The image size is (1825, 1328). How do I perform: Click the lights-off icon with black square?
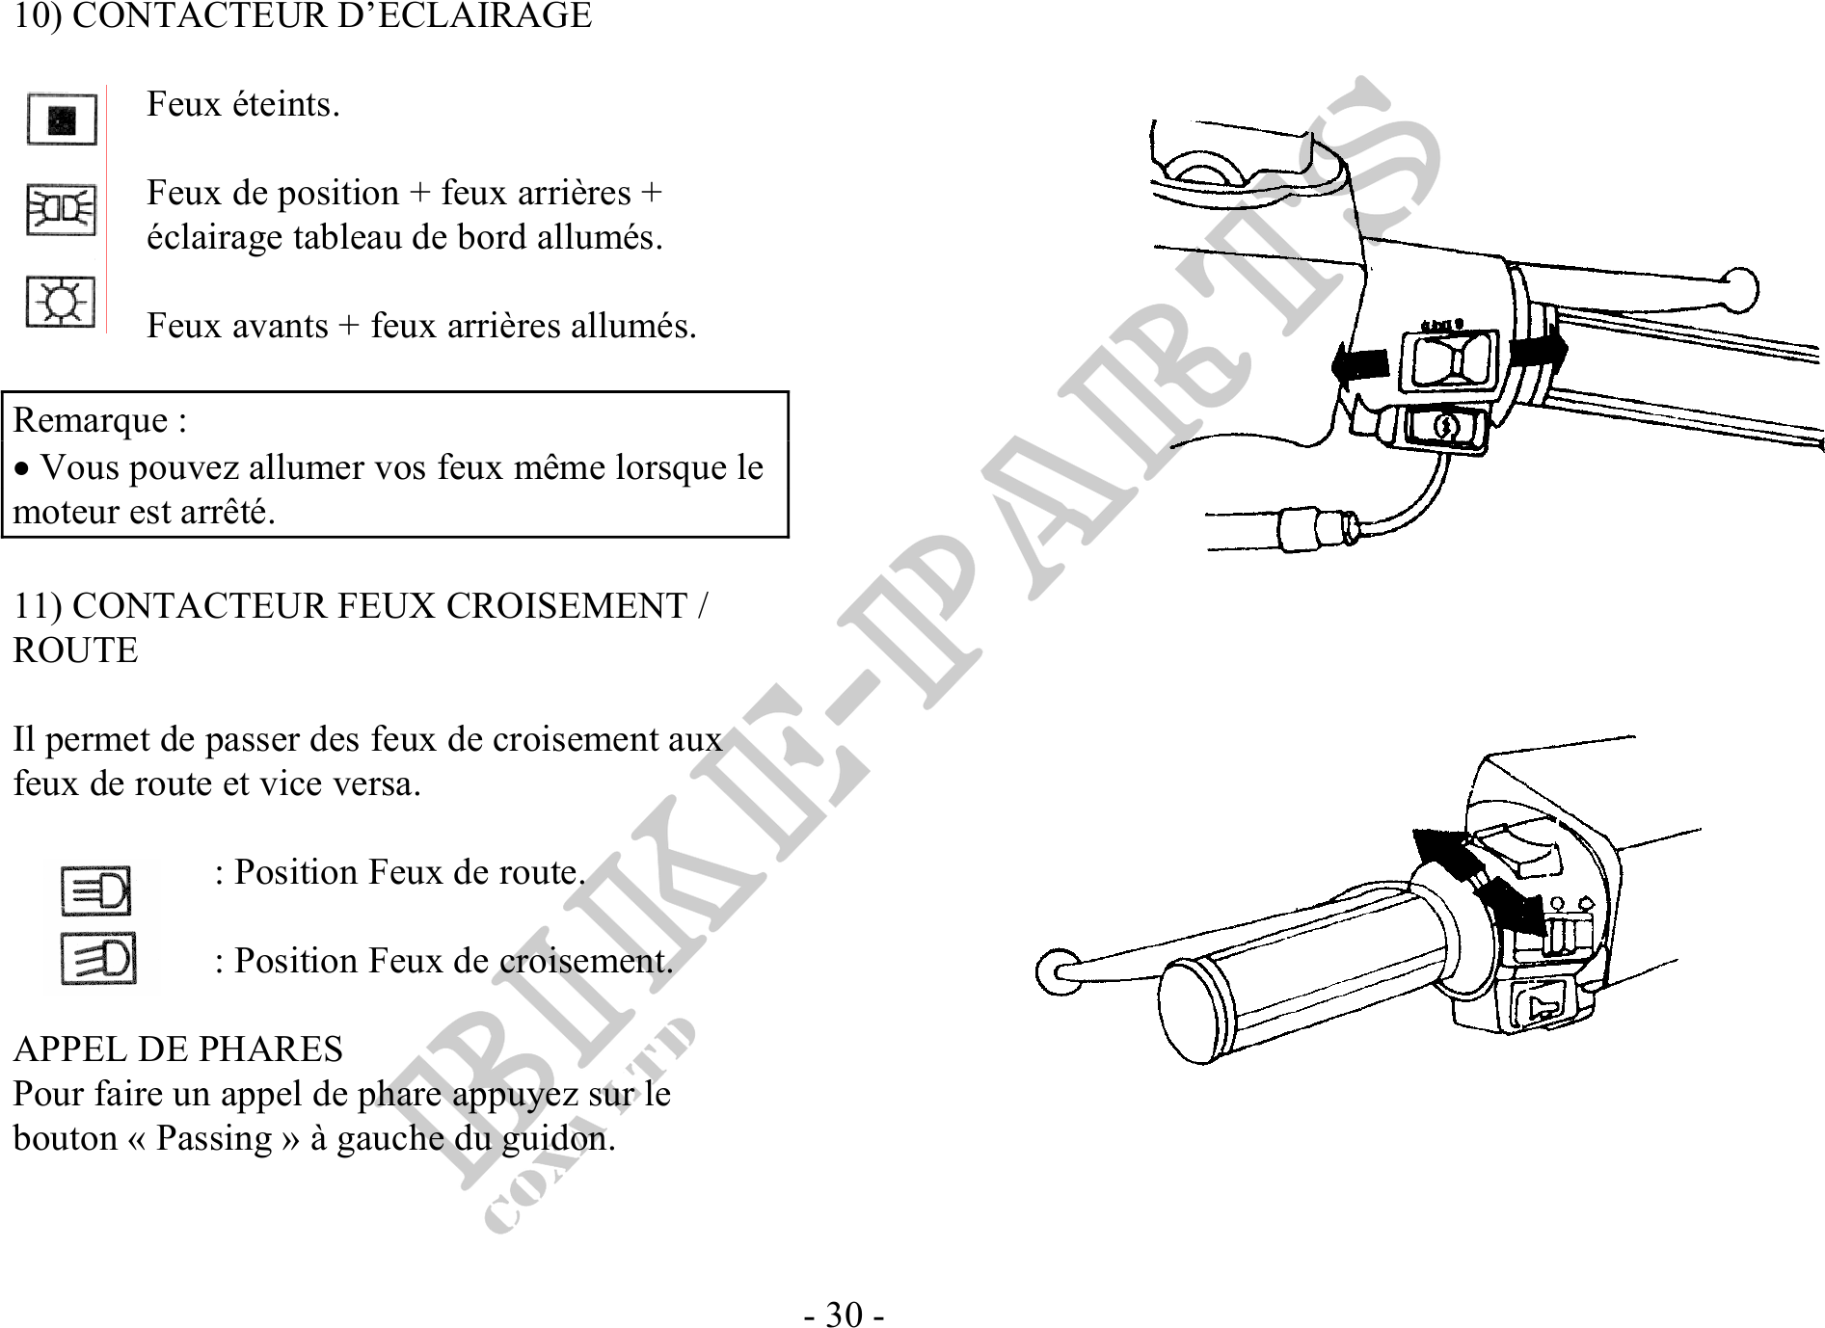pos(62,120)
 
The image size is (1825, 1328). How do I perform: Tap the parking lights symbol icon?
pos(61,210)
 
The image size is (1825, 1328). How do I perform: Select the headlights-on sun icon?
pos(60,303)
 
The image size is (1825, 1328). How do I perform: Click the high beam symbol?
pos(95,890)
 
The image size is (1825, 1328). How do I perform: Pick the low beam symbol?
pos(98,959)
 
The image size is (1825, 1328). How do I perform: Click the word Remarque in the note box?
pos(91,421)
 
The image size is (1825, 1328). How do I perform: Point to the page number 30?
pos(845,1315)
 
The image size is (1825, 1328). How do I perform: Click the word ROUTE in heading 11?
pos(75,651)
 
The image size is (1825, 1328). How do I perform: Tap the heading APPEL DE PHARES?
pos(178,1049)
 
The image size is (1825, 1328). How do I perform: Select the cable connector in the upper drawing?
pos(1318,529)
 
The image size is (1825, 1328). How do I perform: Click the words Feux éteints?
pos(243,104)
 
